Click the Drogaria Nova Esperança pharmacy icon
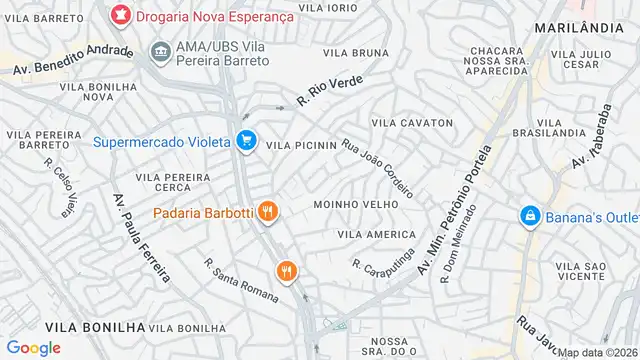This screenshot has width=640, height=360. point(121,15)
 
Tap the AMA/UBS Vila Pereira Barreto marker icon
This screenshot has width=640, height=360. point(159,50)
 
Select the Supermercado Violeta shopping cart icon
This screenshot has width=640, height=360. point(246,141)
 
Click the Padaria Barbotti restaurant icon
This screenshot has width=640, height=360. point(266,211)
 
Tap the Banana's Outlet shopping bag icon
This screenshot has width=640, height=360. point(529,215)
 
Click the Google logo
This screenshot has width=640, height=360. point(33,347)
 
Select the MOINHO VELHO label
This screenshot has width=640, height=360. point(355,204)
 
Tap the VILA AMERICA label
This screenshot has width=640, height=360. point(375,234)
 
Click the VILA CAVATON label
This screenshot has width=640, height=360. point(412,123)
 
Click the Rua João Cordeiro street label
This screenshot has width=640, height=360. point(377,167)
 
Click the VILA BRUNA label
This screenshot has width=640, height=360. point(357,52)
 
